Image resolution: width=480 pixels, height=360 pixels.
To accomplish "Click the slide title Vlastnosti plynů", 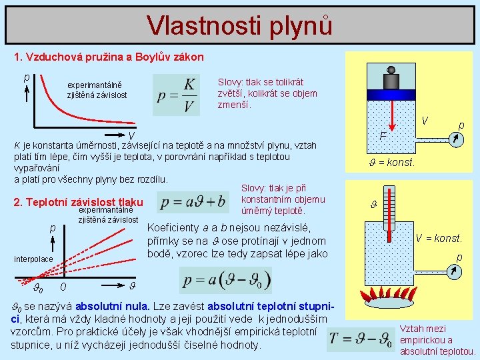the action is [x=239, y=25].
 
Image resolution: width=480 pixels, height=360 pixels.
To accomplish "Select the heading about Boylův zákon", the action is [x=109, y=57].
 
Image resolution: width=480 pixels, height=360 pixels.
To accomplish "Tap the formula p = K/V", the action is [x=177, y=95].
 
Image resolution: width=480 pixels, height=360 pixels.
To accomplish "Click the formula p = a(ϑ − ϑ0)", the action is [x=226, y=279].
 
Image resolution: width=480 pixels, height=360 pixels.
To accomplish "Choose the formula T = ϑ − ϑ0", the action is [x=360, y=339].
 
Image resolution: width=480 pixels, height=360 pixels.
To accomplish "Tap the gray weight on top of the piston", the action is [x=391, y=79].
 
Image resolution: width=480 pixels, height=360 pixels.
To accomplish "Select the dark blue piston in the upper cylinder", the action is [x=391, y=93].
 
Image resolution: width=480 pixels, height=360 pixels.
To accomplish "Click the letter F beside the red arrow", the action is [x=383, y=137].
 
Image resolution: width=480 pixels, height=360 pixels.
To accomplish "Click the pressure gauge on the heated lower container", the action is [x=455, y=271].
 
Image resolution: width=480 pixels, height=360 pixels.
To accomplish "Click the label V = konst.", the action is [x=439, y=239].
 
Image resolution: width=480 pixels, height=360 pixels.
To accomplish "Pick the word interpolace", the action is [x=33, y=258].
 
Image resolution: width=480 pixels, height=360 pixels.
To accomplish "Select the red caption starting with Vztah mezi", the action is [x=437, y=339].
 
